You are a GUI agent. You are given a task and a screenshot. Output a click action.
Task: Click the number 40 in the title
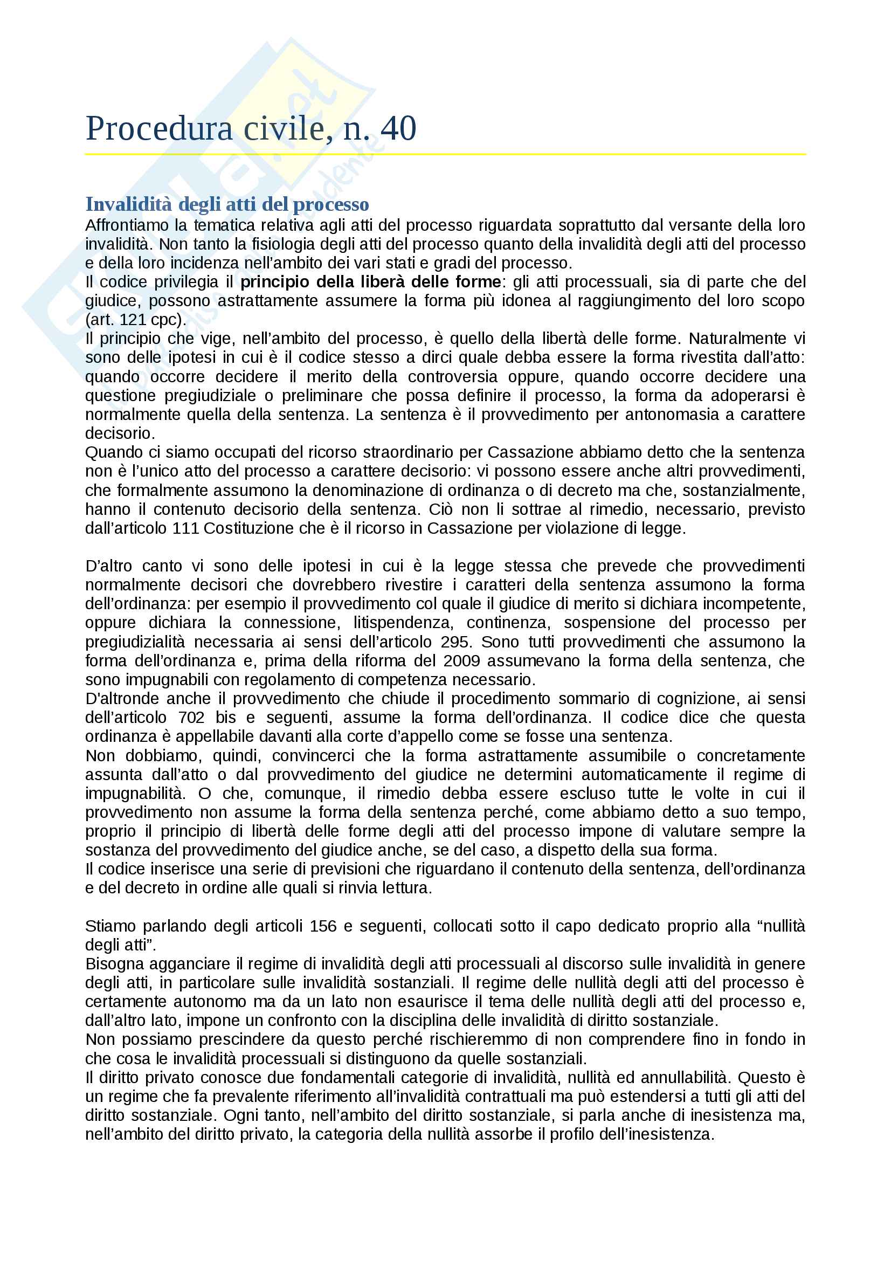click(398, 128)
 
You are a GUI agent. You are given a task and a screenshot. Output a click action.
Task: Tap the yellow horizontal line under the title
click(445, 154)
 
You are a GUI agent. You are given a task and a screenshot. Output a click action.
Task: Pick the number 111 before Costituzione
click(185, 528)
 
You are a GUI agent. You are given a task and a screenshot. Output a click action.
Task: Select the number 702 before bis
click(191, 717)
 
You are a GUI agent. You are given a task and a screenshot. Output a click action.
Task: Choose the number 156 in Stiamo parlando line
click(323, 926)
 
